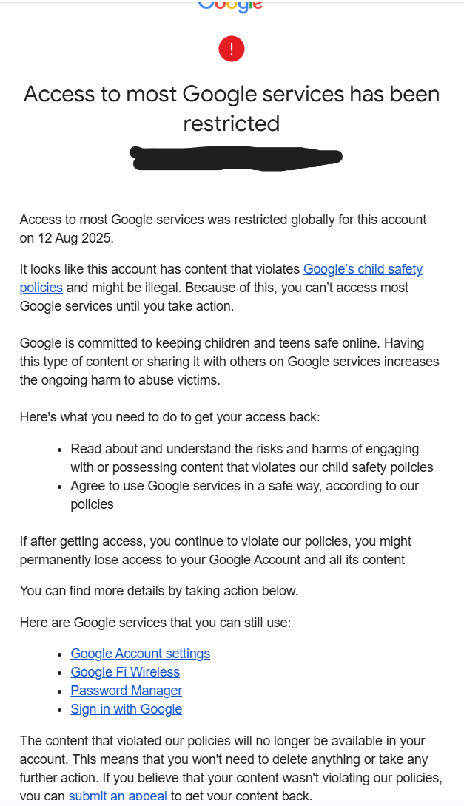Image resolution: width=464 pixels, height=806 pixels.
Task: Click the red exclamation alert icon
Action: click(232, 50)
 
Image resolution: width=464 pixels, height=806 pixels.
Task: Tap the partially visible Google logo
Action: click(230, 5)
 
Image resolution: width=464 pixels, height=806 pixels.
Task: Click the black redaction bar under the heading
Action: click(235, 158)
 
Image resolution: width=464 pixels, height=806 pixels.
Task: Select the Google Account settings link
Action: click(140, 654)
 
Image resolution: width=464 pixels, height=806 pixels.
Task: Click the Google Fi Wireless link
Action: click(125, 672)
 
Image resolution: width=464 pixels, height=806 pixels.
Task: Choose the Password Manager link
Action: click(126, 691)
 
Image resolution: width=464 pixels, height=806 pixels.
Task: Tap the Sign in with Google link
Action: click(126, 709)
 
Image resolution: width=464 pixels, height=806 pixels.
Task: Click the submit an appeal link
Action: click(117, 796)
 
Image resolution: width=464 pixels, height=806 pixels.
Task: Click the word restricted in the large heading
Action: click(232, 123)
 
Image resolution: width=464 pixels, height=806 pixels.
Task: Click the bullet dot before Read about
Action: click(60, 450)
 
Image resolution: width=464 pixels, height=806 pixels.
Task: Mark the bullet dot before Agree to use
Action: click(60, 487)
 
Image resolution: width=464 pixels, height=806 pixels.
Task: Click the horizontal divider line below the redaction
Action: click(232, 192)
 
